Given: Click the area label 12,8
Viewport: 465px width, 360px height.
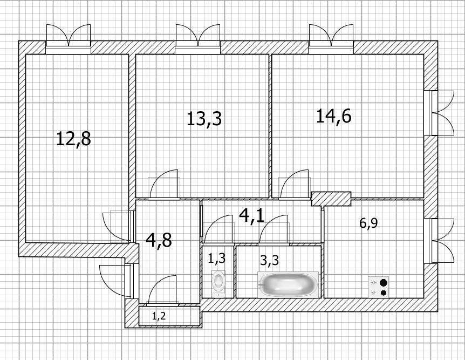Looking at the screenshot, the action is click(73, 139).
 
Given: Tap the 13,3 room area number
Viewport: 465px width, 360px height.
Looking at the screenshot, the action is click(204, 118).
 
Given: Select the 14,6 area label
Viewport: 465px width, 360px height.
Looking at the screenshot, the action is click(333, 116).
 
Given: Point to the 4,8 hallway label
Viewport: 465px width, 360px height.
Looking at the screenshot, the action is click(159, 240).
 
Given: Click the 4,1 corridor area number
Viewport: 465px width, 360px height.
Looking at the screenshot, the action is click(251, 215).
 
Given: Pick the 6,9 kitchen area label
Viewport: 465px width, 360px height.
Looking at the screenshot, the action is click(368, 223).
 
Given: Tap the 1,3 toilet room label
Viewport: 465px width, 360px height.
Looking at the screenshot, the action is click(216, 258).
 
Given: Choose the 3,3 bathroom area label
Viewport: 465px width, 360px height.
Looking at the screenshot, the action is click(269, 260).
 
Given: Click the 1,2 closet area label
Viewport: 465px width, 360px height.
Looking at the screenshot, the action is click(159, 316).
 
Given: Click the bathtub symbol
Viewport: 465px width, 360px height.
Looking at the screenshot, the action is click(288, 284).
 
